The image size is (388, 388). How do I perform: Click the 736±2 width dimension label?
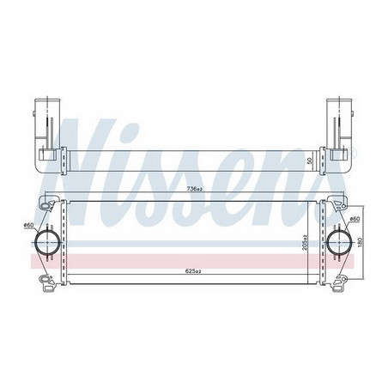tap(194, 189)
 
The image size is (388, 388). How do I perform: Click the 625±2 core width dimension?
tap(194, 271)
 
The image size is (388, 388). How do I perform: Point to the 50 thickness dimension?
tap(309, 161)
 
